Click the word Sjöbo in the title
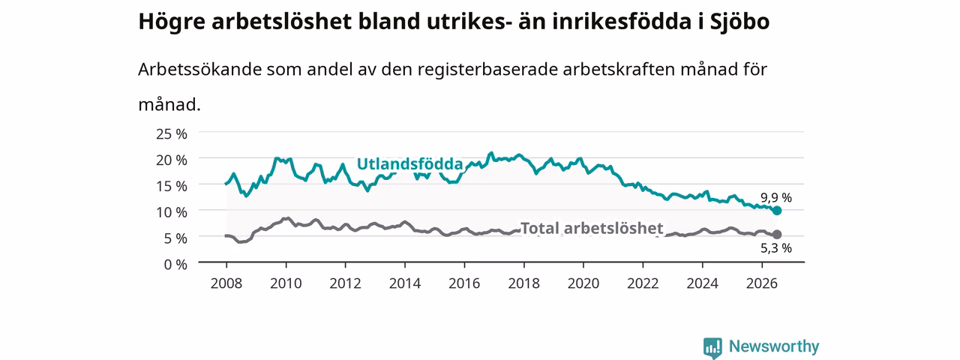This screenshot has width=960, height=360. (x=739, y=22)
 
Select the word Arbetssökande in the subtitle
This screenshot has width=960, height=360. (x=199, y=69)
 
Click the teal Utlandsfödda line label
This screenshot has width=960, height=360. (x=409, y=163)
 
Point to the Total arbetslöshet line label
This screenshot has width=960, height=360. (x=592, y=228)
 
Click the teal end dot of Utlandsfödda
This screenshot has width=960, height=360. (x=776, y=211)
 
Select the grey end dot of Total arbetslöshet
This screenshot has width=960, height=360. (x=776, y=235)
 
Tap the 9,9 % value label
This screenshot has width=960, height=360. (x=776, y=197)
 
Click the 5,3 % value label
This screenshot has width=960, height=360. (x=776, y=248)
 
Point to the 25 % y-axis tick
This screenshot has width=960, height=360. (x=172, y=134)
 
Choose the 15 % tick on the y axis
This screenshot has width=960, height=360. (x=172, y=187)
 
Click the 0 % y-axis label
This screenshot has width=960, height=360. (x=175, y=265)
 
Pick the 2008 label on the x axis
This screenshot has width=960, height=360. (x=226, y=283)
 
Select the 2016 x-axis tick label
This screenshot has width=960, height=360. (x=464, y=283)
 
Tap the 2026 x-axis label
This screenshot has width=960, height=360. (x=761, y=283)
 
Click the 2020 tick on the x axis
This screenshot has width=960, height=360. (x=583, y=283)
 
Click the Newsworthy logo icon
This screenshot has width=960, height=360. (x=712, y=348)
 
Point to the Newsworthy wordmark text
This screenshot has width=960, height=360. (x=774, y=346)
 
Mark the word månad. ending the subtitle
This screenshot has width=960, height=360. (x=169, y=104)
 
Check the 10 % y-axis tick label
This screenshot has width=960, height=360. (x=172, y=212)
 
